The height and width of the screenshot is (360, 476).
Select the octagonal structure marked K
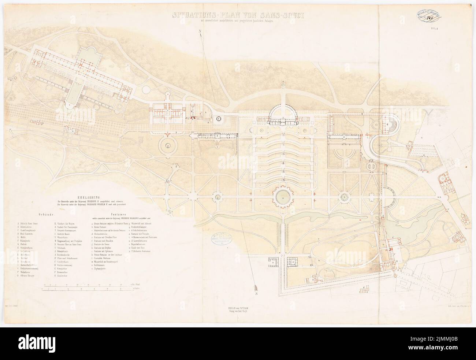[x=219, y=119]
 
